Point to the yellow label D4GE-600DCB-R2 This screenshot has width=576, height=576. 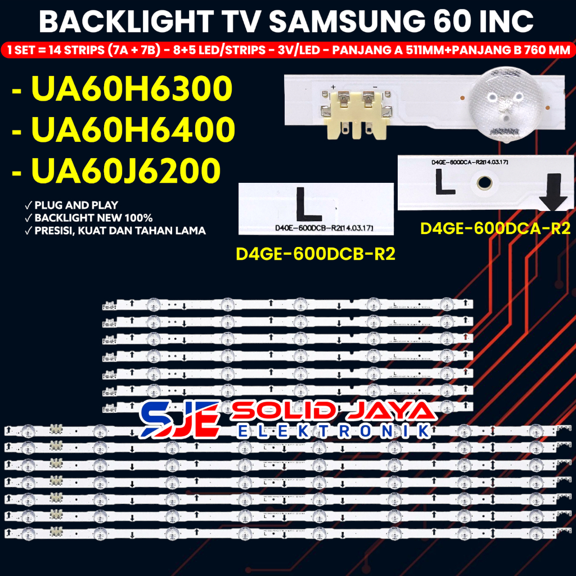point(316,254)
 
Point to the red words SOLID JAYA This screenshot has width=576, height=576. point(333,411)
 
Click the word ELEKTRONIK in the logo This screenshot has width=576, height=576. point(334,431)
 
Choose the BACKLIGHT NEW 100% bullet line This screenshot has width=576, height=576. point(93,218)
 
